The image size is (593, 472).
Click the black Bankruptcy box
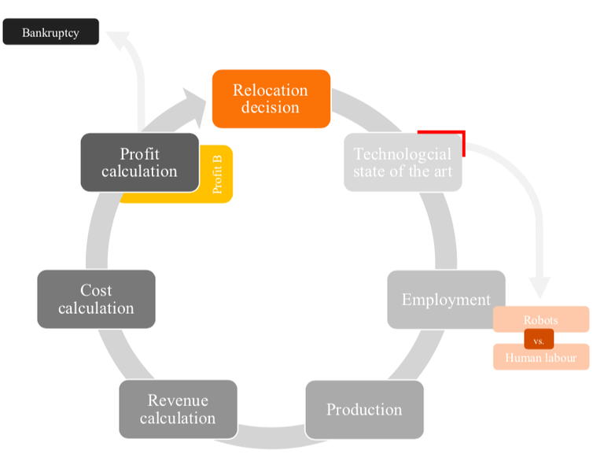pyautogui.click(x=51, y=32)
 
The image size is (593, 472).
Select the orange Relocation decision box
pyautogui.click(x=271, y=98)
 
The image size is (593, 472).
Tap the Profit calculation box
pyautogui.click(x=139, y=162)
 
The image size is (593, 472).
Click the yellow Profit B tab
pyautogui.click(x=218, y=175)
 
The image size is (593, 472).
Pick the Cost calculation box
pyautogui.click(x=96, y=299)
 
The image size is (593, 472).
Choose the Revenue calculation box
pyautogui.click(x=178, y=409)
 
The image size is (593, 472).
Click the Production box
pyautogui.click(x=364, y=409)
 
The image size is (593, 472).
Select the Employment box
pyautogui.click(x=445, y=300)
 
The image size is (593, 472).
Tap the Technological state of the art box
pyautogui.click(x=402, y=163)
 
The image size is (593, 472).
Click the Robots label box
pyautogui.click(x=540, y=319)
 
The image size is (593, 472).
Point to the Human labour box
pyautogui.click(x=540, y=358)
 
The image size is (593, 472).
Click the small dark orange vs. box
pyautogui.click(x=539, y=340)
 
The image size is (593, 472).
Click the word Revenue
pyautogui.click(x=177, y=400)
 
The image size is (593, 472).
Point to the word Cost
pyautogui.click(x=96, y=290)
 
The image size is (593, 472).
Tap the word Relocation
pyautogui.click(x=271, y=90)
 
